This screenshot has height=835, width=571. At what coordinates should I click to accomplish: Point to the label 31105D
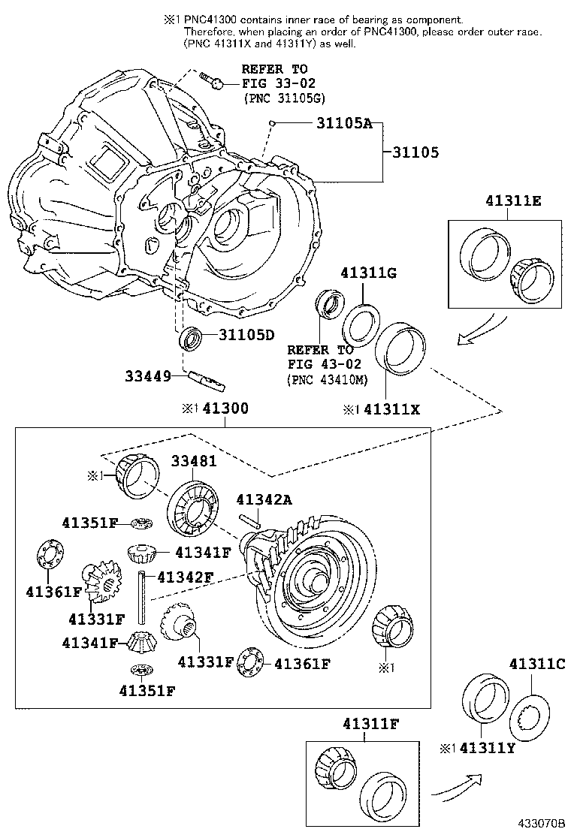click(x=247, y=335)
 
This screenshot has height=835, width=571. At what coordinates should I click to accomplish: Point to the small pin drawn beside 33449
click(x=206, y=381)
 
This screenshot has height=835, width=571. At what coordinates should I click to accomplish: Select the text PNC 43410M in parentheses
click(x=328, y=380)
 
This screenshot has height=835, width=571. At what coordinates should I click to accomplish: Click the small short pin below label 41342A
click(x=250, y=519)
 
